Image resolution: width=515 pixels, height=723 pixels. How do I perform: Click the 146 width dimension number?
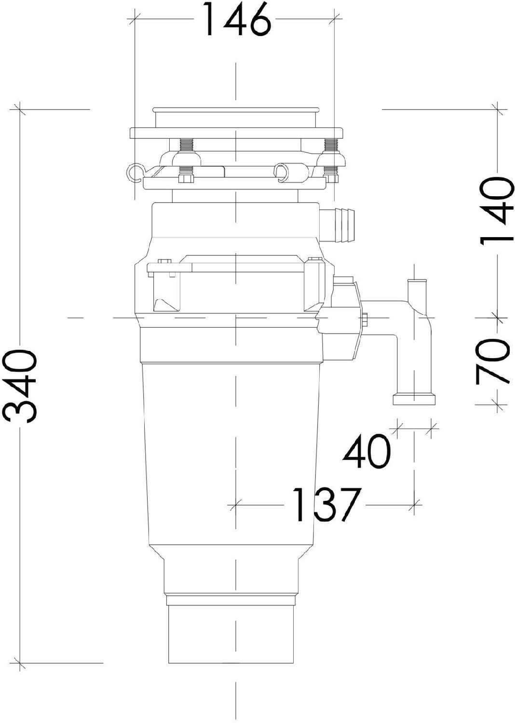coord(236,19)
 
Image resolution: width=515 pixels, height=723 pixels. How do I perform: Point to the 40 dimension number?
coord(366,451)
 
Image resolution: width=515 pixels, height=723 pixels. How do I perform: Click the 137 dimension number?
coord(326,504)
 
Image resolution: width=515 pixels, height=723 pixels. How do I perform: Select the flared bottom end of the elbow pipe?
coord(414,399)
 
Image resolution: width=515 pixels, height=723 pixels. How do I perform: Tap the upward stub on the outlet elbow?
coord(417,289)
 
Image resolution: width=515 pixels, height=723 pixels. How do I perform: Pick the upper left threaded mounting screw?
coord(186,145)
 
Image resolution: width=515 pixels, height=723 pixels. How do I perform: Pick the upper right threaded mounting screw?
coord(331,145)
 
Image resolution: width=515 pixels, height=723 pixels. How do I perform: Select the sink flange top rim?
coord(236,110)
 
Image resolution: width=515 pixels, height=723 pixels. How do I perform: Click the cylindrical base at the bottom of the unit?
coord(230,634)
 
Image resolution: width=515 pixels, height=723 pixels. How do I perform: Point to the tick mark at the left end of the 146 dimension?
coord(134,19)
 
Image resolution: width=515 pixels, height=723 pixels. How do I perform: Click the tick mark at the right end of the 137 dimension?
coord(414,505)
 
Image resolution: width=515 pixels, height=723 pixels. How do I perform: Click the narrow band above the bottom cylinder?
coord(230,600)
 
